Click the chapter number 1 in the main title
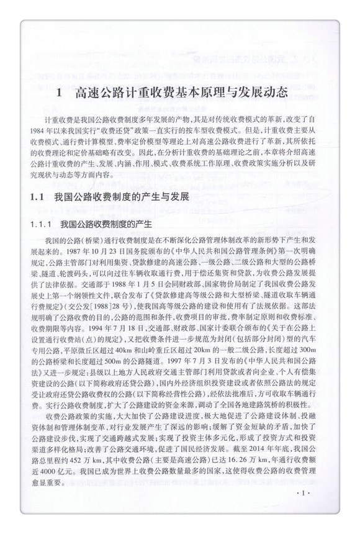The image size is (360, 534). point(58,94)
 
